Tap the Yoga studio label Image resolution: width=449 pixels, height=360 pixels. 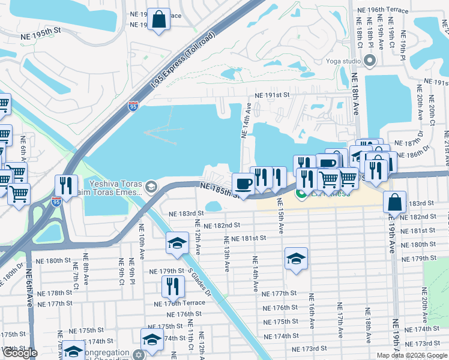(343, 61)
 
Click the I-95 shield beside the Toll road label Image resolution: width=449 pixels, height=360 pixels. (133, 107)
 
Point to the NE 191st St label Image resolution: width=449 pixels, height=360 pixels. (272, 95)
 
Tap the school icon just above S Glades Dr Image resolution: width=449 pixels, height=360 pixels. (176, 242)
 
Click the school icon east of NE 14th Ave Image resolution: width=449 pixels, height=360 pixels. (296, 258)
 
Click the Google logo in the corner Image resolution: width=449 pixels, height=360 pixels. (20, 353)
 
